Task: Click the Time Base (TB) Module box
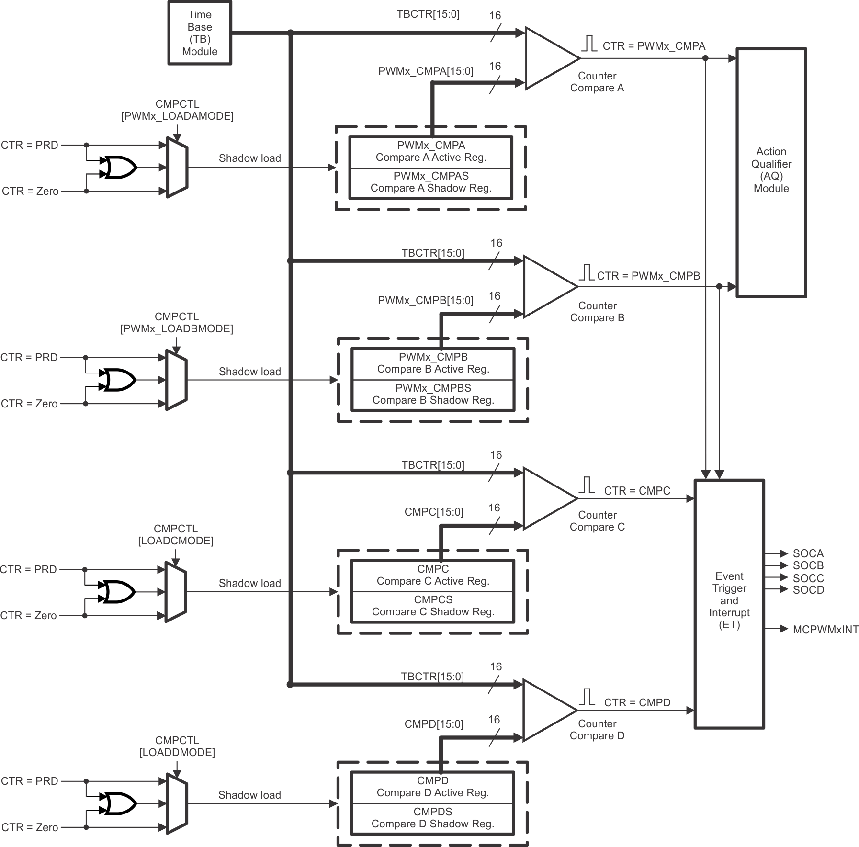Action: tap(200, 33)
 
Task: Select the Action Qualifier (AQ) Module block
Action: tap(771, 172)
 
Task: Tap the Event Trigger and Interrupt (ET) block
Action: tap(729, 604)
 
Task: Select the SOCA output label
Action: tap(808, 553)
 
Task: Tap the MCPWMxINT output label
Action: tap(825, 630)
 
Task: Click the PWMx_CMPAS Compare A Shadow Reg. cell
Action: tap(431, 182)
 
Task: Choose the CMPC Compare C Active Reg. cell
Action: tap(433, 576)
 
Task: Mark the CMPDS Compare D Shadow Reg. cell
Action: tap(432, 818)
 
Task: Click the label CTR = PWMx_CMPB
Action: tap(648, 276)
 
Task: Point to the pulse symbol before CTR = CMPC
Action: tap(587, 485)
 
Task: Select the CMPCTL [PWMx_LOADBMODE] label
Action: tap(176, 323)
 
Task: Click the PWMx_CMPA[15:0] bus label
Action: tap(425, 71)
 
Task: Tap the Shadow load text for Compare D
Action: tap(249, 795)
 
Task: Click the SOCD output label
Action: tap(808, 590)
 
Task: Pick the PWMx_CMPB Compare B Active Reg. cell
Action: tap(433, 363)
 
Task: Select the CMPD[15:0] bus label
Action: tap(433, 724)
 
